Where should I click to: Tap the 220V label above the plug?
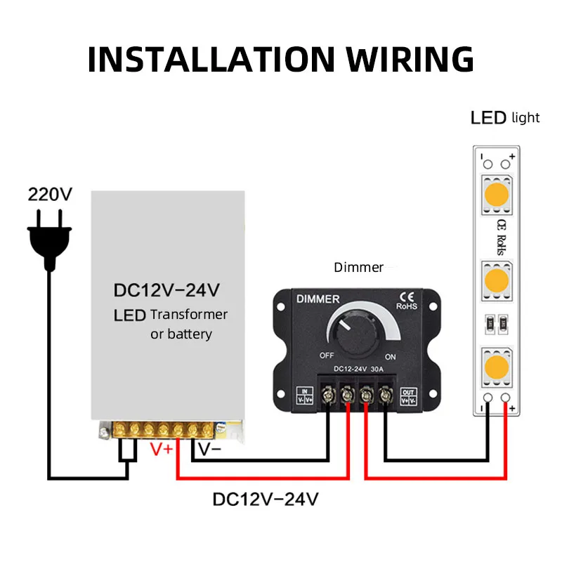49,195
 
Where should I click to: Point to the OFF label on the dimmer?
326,355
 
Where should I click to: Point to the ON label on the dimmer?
391,356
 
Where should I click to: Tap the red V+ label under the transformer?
162,449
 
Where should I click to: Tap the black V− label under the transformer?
209,449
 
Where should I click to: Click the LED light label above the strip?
504,117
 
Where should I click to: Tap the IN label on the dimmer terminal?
305,392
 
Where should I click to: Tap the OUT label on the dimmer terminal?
407,392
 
